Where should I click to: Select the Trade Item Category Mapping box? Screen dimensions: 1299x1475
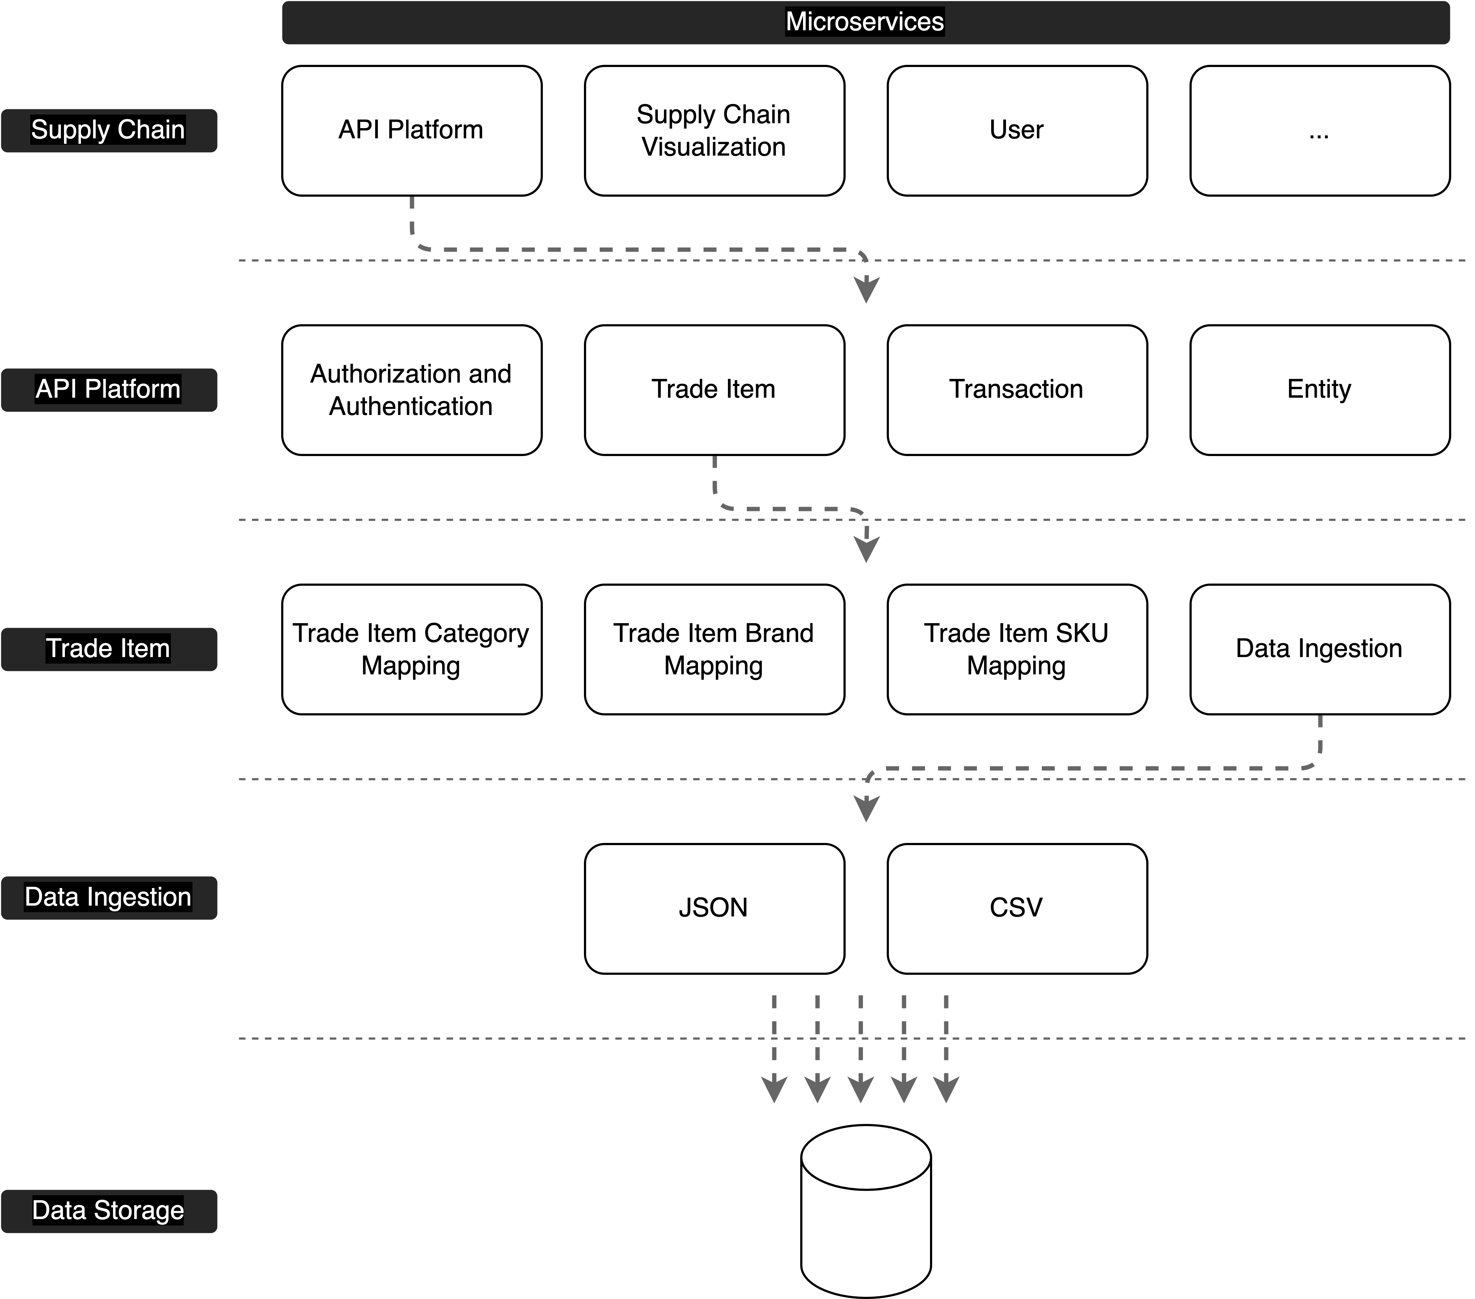[x=411, y=649]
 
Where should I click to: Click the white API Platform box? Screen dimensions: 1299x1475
[x=411, y=131]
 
